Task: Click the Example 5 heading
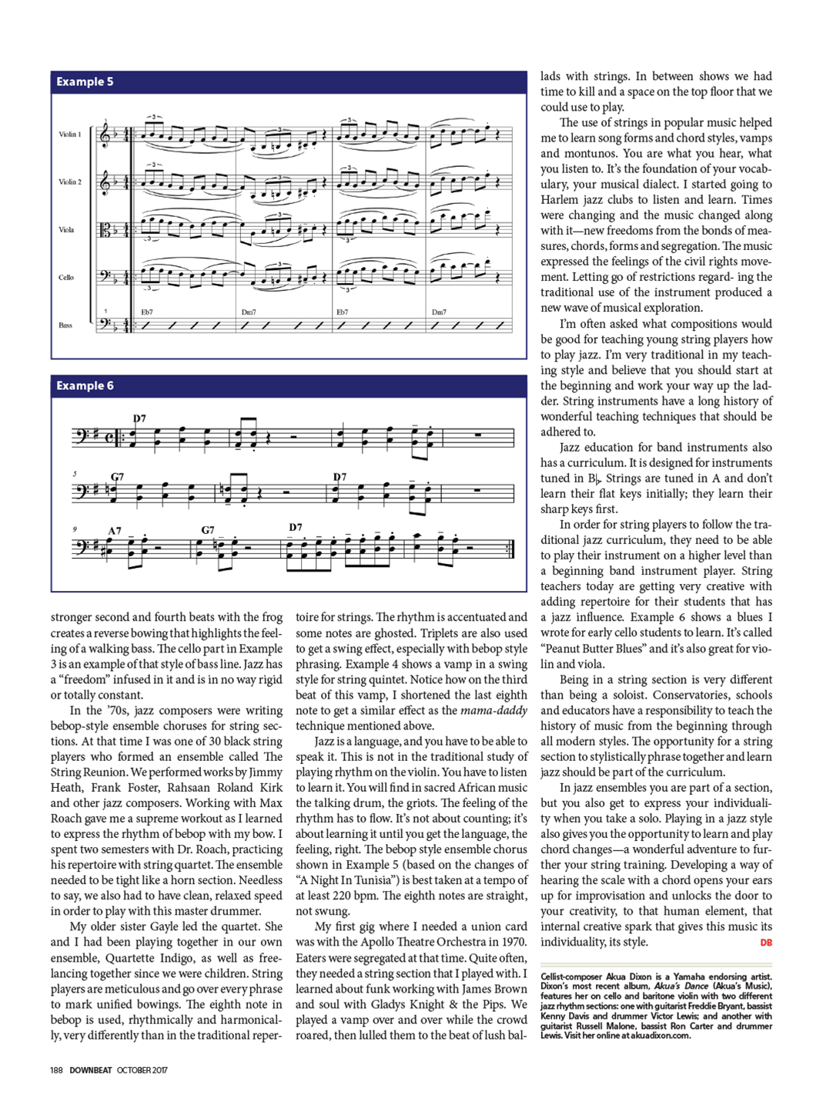click(x=85, y=82)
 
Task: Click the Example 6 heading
click(x=85, y=385)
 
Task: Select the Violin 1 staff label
click(x=69, y=135)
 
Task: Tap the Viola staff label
click(x=66, y=230)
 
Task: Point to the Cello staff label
click(x=66, y=278)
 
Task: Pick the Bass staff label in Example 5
click(x=65, y=325)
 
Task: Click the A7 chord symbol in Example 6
click(x=115, y=531)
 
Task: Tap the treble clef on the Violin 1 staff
click(x=105, y=135)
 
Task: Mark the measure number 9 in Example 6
click(x=75, y=529)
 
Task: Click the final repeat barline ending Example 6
click(x=511, y=549)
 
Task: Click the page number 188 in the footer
click(x=56, y=1070)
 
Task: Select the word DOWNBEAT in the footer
click(x=91, y=1070)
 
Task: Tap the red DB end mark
click(x=766, y=943)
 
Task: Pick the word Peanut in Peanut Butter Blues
click(x=564, y=649)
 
